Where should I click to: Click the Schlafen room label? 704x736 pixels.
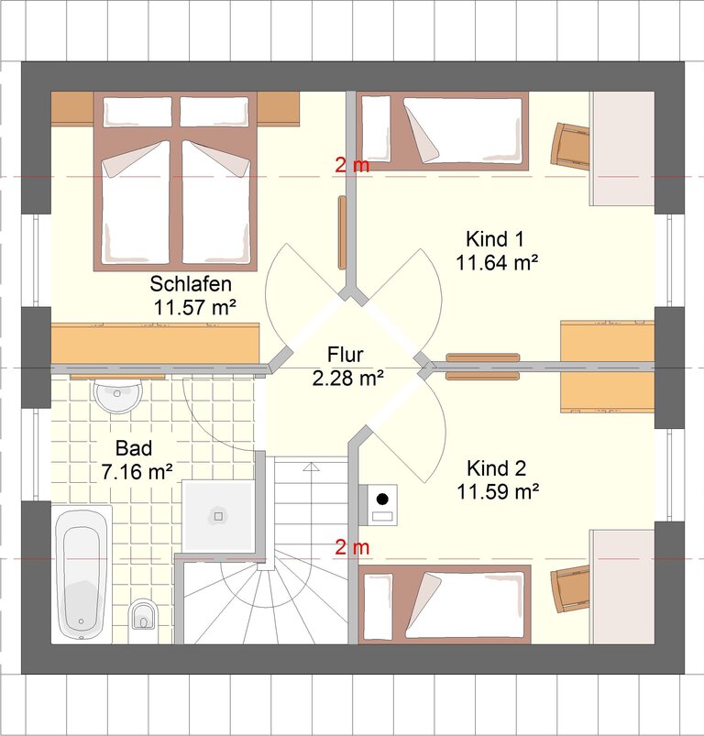191,284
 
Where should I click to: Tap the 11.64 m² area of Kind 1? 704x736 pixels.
497,262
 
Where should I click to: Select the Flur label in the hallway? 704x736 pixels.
346,355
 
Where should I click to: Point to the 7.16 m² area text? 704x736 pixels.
137,472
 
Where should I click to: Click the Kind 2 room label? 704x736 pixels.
497,468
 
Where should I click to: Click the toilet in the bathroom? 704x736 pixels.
143,615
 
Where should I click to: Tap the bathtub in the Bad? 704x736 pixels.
82,575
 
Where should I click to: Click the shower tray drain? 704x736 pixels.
218,516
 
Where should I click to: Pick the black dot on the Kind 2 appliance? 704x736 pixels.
382,499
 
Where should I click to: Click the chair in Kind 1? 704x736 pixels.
570,145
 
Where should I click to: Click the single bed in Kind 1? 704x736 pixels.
443,131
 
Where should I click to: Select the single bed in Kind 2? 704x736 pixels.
445,605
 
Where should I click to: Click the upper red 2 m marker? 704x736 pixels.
352,165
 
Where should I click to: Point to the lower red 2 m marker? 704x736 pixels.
352,547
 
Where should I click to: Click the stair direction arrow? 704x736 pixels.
311,467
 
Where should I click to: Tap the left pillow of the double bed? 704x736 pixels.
137,112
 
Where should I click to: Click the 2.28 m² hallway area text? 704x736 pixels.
348,378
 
